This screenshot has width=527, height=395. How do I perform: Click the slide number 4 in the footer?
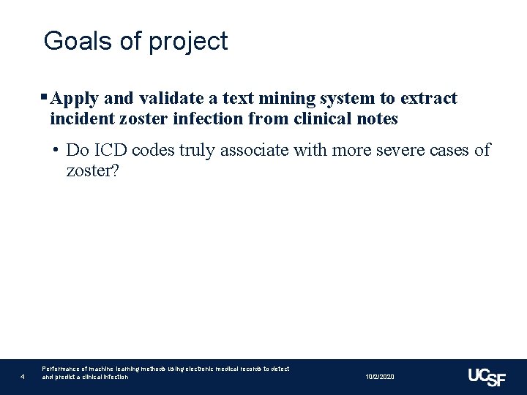point(23,377)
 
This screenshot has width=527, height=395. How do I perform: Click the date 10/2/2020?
point(380,376)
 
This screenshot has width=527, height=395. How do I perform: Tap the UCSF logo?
point(487,376)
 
